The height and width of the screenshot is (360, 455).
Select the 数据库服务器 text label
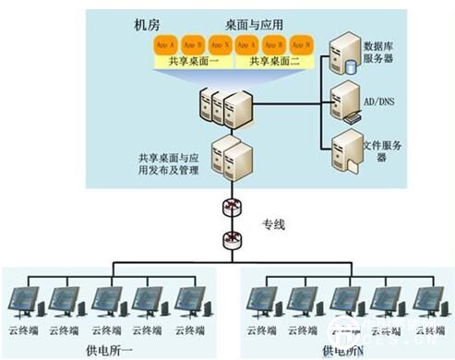(381, 50)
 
